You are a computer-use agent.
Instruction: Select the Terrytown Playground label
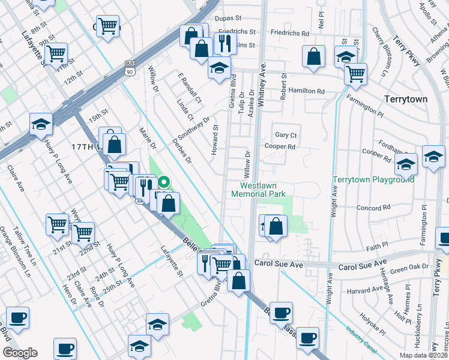pos(373,179)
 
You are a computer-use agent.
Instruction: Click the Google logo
pos(19,353)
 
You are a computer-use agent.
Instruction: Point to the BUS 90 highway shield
pos(129,68)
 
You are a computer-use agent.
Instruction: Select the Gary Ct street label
pos(285,136)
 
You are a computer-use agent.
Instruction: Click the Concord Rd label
pos(373,208)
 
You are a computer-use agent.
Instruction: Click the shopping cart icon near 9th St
pos(56,53)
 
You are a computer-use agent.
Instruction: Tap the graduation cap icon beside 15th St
pos(41,124)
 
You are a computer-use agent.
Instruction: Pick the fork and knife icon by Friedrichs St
pos(224,43)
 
